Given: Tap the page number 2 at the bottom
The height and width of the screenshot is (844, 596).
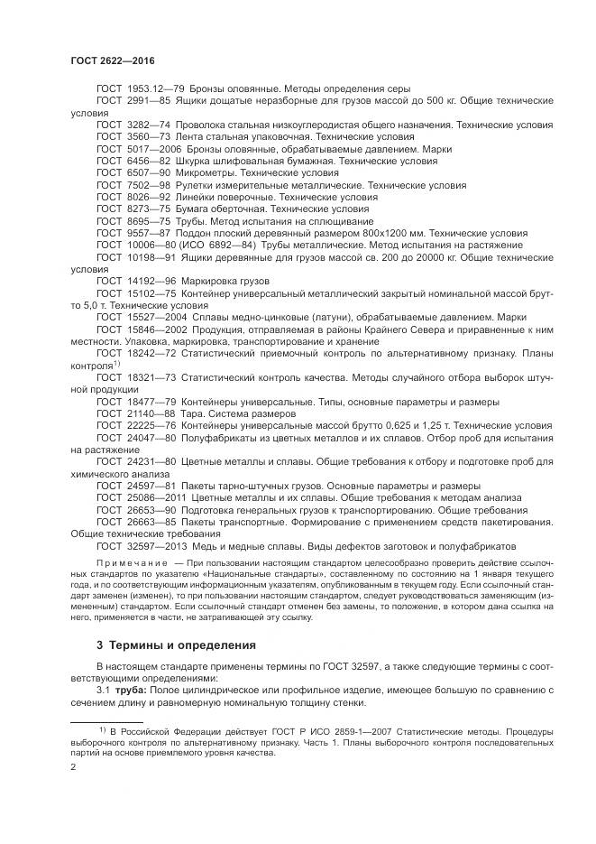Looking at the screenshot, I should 73,765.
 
